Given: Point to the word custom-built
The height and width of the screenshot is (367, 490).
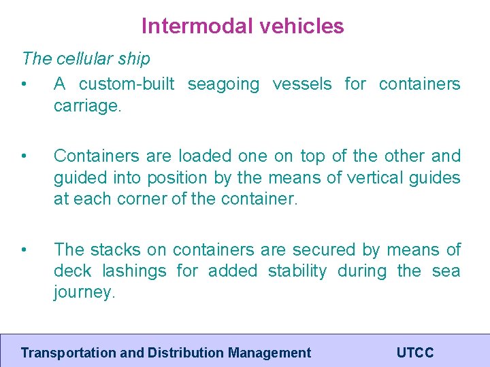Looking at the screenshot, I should coord(127,84).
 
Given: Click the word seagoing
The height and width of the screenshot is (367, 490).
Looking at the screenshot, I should coord(223,84).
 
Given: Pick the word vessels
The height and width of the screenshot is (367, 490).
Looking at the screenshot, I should coord(302,84).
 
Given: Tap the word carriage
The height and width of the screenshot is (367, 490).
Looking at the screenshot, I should coord(88,107).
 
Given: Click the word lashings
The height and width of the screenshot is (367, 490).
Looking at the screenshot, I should coord(134,271).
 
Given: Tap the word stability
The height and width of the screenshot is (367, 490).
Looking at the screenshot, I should coord(297,271).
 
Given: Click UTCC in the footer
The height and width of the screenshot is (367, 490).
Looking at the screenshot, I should coord(415,353).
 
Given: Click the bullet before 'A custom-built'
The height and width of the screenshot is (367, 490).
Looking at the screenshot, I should coord(24,85).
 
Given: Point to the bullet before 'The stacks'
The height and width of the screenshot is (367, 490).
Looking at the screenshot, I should coord(24,250).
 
